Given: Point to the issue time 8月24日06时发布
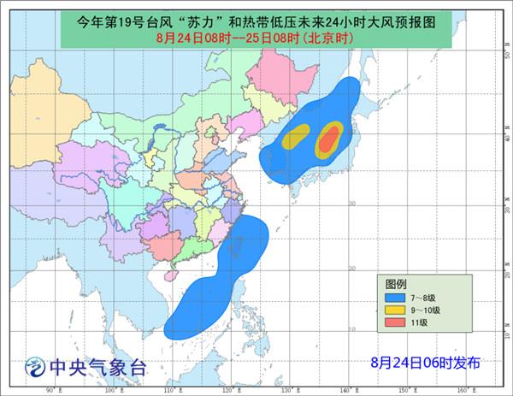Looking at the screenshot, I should tap(426, 363).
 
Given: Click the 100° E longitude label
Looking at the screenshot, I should tap(109, 390).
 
